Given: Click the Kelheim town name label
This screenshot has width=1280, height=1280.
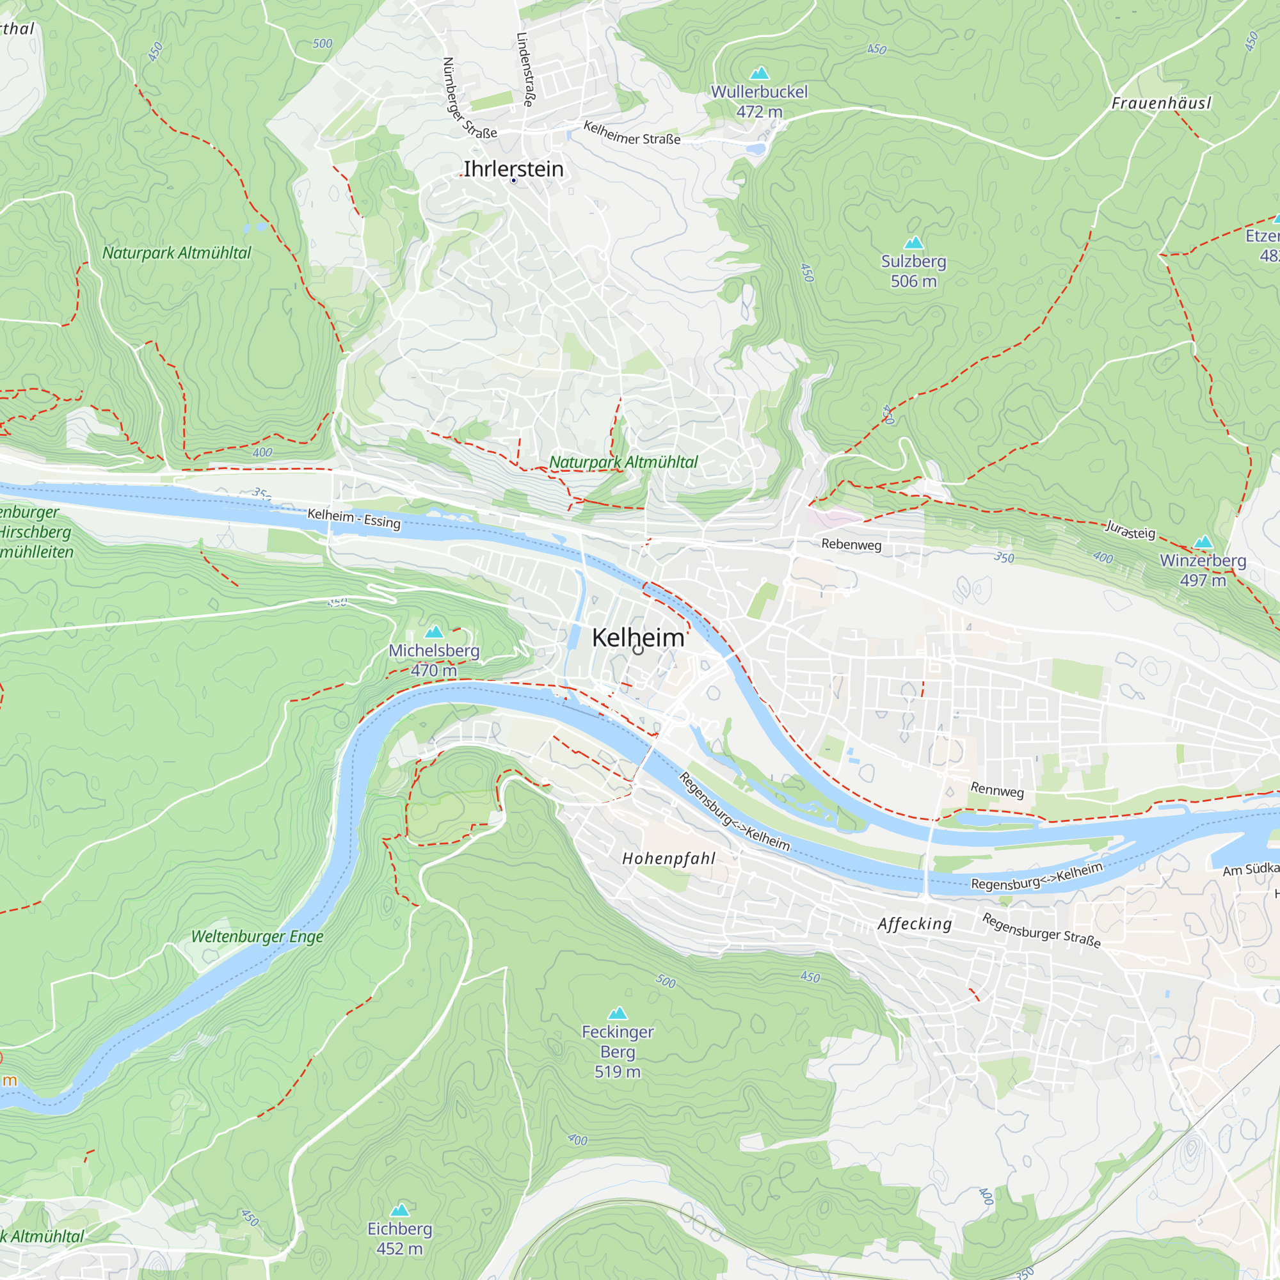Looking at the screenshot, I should pos(637,637).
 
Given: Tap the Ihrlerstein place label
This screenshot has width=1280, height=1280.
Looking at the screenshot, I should pos(513,169).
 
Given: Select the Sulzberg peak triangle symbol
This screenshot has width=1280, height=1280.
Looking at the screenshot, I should pos(914,243).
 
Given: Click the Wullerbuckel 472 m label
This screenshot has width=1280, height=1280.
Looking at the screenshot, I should pos(759,101).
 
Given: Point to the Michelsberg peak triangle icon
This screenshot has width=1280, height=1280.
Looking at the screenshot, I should pos(434,632).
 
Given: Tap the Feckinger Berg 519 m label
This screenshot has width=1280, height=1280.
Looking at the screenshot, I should pos(618,1052).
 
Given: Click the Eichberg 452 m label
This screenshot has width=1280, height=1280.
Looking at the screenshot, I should pos(399,1238).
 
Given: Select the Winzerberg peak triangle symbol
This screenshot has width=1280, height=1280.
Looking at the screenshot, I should pos(1203,542).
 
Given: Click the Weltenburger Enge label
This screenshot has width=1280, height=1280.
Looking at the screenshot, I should pos(257,937).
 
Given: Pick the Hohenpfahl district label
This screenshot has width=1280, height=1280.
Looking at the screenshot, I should pos(669,859).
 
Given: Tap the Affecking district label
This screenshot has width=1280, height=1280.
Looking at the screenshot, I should pos(915,924).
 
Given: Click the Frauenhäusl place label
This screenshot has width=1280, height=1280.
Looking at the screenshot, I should pos(1161,103).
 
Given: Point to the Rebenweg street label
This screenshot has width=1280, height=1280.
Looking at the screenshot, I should pos(851,545).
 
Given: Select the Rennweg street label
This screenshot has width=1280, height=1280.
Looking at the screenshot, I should pos(997,790).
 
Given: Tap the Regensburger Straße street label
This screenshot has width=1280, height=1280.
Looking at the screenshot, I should pos(1041,931).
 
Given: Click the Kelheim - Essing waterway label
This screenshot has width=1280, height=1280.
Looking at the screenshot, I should pos(354,518).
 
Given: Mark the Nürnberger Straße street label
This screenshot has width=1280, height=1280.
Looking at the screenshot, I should pos(468,99).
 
